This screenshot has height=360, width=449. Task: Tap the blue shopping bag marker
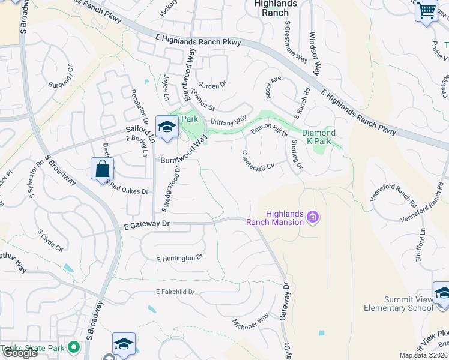click(102, 169)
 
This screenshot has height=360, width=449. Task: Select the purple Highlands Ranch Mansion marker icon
click(312, 217)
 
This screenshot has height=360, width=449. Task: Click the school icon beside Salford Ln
click(166, 127)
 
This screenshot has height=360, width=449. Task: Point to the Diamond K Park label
click(318, 133)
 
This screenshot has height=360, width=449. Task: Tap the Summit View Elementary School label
click(398, 304)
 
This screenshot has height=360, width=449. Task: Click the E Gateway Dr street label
click(148, 224)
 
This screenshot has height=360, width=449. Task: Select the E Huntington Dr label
click(180, 259)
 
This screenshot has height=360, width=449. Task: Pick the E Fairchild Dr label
click(175, 292)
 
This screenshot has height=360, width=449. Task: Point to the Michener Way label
click(250, 322)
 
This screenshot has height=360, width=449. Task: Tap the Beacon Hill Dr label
click(268, 127)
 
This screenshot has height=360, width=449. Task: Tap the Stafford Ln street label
click(420, 247)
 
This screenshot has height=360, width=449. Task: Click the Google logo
click(19, 353)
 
